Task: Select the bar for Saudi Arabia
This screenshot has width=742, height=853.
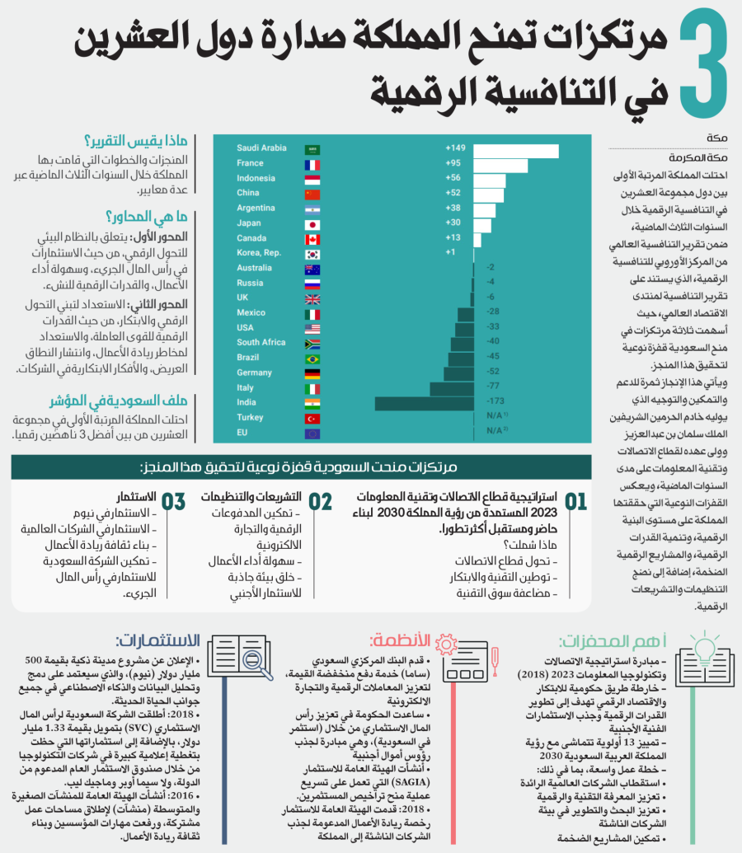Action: pos(516,149)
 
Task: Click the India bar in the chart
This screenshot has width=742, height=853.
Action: pos(424,403)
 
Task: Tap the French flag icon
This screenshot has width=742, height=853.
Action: pos(312,164)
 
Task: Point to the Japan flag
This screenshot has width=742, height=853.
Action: pos(312,224)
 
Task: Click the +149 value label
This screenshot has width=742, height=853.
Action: pos(455,148)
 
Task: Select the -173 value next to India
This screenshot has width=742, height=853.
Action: pos(495,402)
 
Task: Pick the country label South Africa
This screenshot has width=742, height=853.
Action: pos(261,343)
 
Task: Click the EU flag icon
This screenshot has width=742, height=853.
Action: pos(312,433)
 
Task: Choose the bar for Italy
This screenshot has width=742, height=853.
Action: pos(451,388)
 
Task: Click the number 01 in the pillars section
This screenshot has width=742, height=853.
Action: pos(575,502)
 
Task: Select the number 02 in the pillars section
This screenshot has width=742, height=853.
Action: pos(321,502)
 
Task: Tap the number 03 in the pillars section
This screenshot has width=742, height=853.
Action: pos(174,502)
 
